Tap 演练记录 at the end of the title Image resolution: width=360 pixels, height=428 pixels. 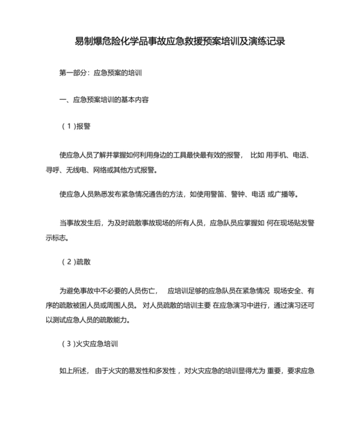click(x=265, y=41)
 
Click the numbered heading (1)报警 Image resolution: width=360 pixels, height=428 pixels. click(x=76, y=126)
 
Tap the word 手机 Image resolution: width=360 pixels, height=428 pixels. click(x=278, y=156)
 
